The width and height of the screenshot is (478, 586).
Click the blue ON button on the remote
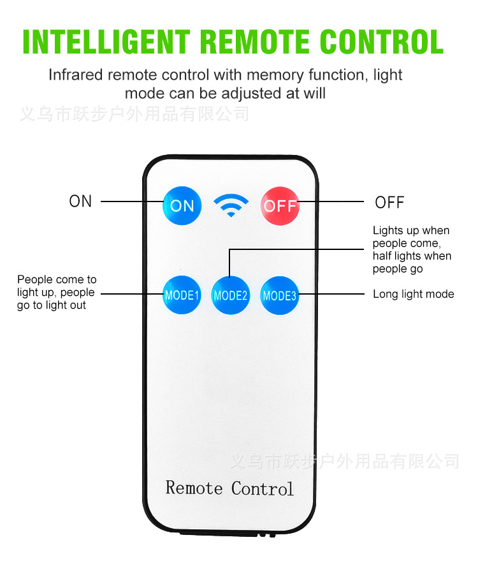[182, 205]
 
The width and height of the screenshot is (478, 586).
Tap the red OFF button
[280, 205]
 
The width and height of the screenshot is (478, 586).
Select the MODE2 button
[230, 295]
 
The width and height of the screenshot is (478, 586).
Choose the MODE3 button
[280, 295]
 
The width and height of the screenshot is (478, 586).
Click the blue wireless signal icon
[231, 205]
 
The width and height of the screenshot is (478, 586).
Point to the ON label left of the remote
[80, 201]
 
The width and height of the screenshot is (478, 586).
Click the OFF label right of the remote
[389, 203]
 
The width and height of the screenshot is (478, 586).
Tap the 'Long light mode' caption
[413, 294]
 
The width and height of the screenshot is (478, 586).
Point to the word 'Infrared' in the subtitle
[76, 75]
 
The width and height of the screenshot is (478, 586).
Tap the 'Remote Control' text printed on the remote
[229, 488]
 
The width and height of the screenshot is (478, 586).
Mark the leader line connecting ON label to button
[131, 201]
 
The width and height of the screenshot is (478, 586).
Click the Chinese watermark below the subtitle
[134, 114]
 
